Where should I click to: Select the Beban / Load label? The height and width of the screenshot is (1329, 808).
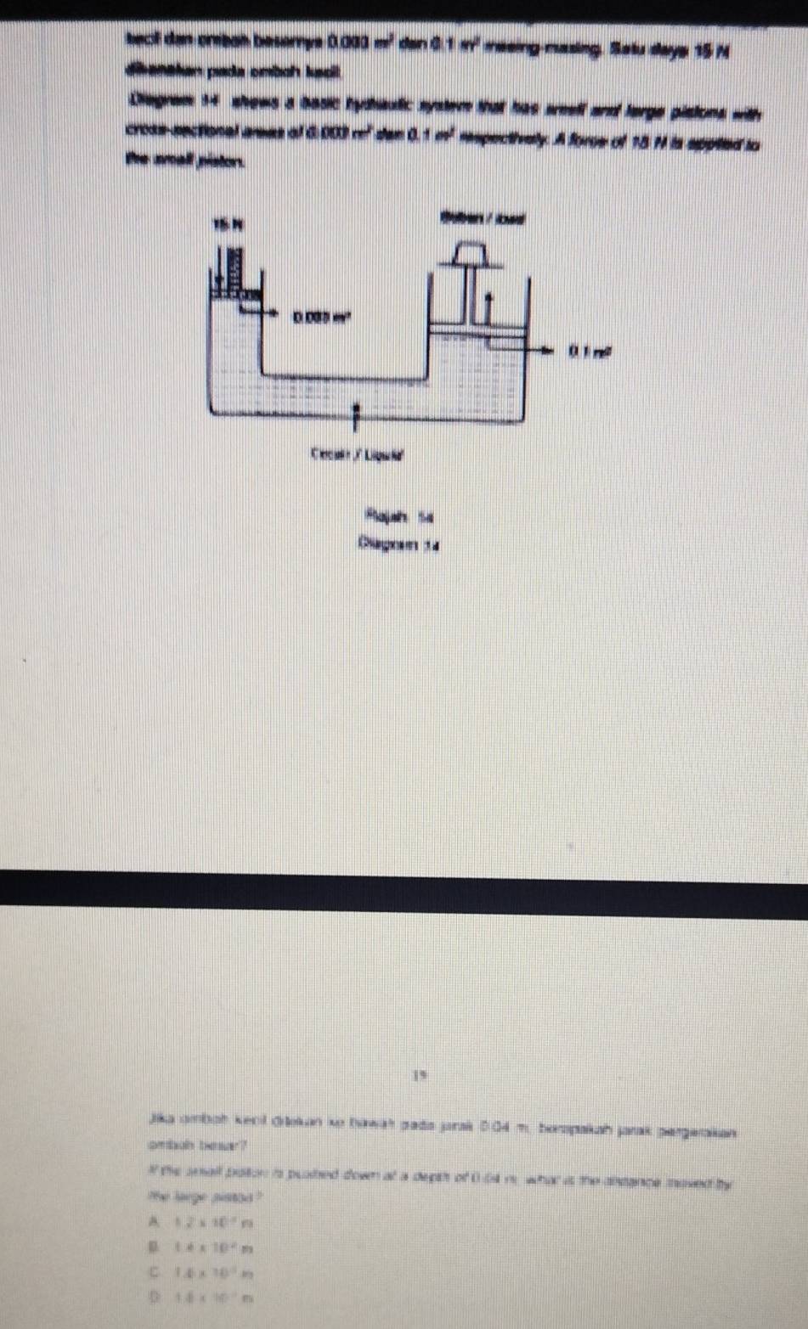[x=482, y=217]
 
